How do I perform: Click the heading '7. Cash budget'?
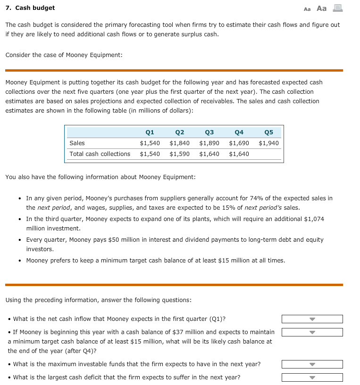pyautogui.click(x=30, y=8)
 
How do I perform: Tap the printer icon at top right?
pyautogui.click(x=337, y=8)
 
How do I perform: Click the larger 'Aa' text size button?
pyautogui.click(x=321, y=8)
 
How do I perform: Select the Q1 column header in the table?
pyautogui.click(x=150, y=132)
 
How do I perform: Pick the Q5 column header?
pyautogui.click(x=269, y=132)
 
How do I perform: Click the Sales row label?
pyautogui.click(x=77, y=143)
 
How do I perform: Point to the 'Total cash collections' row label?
pyautogui.click(x=100, y=154)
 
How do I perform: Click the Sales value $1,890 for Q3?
pyautogui.click(x=209, y=143)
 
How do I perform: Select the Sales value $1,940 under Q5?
pyautogui.click(x=268, y=143)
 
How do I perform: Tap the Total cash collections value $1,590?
pyautogui.click(x=179, y=154)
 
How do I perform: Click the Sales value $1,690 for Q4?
pyautogui.click(x=239, y=143)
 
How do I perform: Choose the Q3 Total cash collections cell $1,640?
pyautogui.click(x=209, y=154)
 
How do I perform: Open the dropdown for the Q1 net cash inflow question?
pyautogui.click(x=312, y=319)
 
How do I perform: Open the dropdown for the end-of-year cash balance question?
pyautogui.click(x=312, y=332)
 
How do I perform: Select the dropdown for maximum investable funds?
pyautogui.click(x=312, y=364)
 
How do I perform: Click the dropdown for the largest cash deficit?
pyautogui.click(x=312, y=377)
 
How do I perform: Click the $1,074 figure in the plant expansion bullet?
pyautogui.click(x=315, y=219)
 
